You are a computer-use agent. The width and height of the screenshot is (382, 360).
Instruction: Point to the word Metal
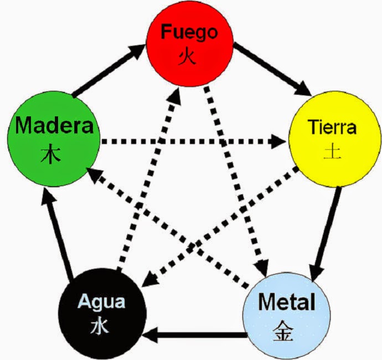point(287,302)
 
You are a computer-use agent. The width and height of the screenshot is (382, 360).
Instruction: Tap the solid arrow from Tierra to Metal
point(327,233)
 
